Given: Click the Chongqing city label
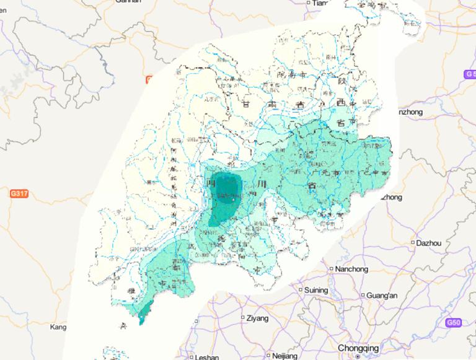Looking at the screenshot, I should pos(359,348).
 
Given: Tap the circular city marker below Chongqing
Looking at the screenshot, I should pos(358,356).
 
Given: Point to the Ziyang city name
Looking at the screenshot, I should pos(257,318).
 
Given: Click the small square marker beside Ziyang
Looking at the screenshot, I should pos(243,318).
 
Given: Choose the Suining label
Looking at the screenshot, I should pos(316,289).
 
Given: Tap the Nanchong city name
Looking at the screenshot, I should pos(351,269).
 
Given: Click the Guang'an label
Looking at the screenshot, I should pos(382,295).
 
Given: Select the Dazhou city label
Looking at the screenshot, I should pos(429,242).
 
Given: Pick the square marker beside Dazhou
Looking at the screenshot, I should pos(413,242).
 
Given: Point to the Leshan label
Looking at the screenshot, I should pos(206,357).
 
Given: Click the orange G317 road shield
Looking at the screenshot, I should pos(19,194).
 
